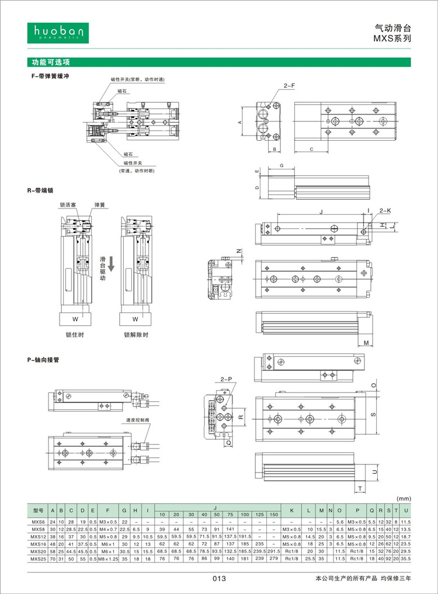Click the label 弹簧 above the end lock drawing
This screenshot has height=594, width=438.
tap(99, 206)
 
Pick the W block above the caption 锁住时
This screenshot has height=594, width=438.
tap(75, 319)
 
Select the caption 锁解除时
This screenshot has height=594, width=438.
tap(135, 335)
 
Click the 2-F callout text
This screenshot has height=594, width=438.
tap(289, 86)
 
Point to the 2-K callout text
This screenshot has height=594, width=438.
tap(385, 210)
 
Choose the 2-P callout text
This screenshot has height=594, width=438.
tap(227, 380)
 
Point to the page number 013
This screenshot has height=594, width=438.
tap(218, 579)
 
